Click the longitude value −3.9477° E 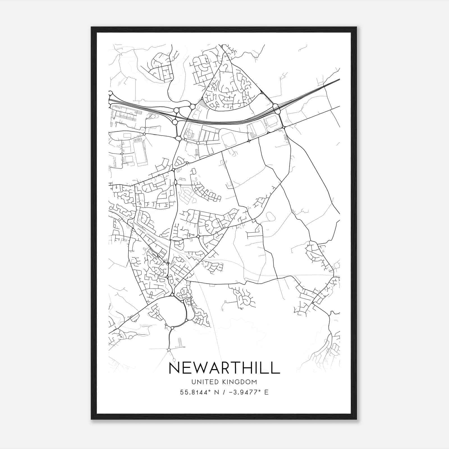249,392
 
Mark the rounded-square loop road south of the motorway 229,139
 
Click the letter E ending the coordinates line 266,392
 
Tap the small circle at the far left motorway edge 110,93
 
